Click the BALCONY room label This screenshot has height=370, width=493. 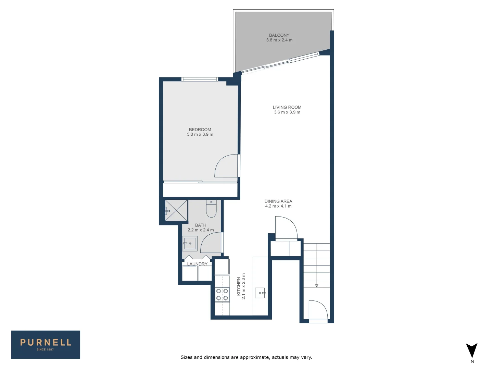[x=279, y=35]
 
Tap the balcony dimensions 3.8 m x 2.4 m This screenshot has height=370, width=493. [x=279, y=40]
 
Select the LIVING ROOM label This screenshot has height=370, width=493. [x=287, y=107]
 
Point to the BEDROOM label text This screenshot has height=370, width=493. [x=200, y=129]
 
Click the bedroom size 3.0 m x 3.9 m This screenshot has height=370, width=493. [x=200, y=135]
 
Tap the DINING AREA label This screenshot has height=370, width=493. [x=278, y=201]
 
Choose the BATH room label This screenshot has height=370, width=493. [x=201, y=225]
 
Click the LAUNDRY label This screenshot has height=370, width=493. [x=197, y=264]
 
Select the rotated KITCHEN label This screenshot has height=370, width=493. [x=239, y=286]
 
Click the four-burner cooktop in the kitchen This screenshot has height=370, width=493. [x=222, y=295]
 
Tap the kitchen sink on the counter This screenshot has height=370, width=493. [x=260, y=293]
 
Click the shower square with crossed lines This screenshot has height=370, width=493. [x=176, y=210]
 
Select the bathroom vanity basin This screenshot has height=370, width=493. [x=190, y=243]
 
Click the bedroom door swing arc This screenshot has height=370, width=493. [x=226, y=166]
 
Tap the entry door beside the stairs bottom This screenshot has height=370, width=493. [x=318, y=310]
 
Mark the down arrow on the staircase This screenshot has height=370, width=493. [x=317, y=285]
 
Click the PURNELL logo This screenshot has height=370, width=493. [x=46, y=344]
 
